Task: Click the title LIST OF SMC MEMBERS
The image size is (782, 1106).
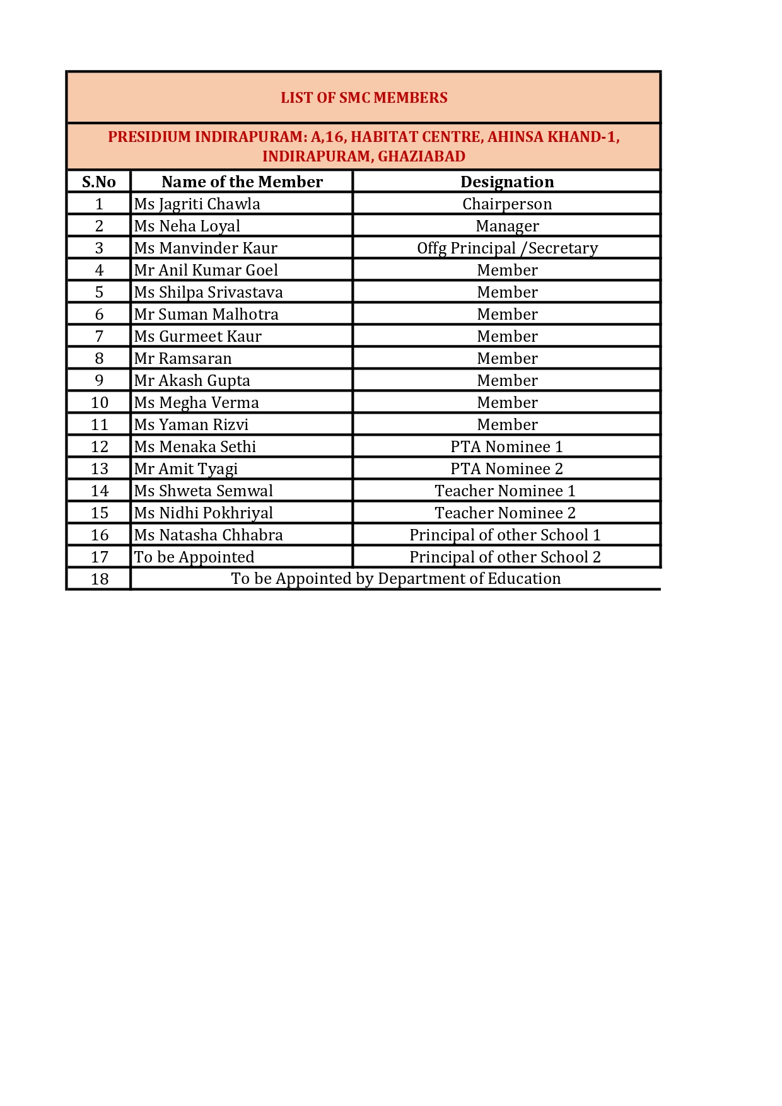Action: pos(364,98)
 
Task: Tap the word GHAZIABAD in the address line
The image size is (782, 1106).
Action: pos(421,156)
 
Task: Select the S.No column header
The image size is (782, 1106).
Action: pos(99,182)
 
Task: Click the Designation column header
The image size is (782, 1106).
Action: pos(507,182)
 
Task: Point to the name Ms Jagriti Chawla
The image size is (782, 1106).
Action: pos(197,204)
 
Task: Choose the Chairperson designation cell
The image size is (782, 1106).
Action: pos(507,204)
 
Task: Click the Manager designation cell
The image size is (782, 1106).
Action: pos(507,226)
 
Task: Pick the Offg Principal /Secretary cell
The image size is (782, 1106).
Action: pos(507,248)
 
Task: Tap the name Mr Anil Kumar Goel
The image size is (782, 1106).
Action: pos(206,271)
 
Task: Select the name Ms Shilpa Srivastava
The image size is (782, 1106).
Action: pos(208,293)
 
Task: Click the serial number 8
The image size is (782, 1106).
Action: pos(99,359)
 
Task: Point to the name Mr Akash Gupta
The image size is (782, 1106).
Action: pos(192,381)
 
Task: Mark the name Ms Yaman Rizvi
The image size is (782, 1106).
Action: pos(191,425)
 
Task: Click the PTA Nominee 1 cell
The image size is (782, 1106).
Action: pos(506,447)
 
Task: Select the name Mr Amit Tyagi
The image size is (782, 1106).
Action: pos(185,469)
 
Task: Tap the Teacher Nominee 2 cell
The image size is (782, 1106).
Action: pos(505,513)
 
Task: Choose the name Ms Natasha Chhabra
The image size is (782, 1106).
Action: pos(208,535)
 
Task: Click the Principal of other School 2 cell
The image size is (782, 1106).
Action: pos(505,557)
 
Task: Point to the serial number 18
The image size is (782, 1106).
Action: pos(100,579)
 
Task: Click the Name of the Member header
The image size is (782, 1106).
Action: pos(242,182)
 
